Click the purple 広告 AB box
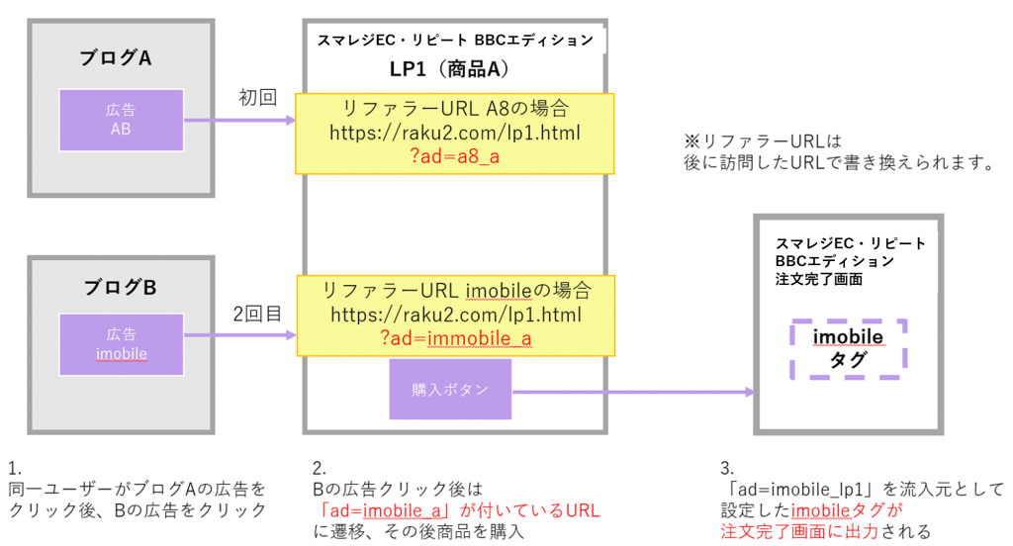point(121,120)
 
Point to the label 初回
point(257,98)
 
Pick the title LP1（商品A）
point(454,71)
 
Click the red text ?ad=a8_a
point(455,157)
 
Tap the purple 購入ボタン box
point(450,390)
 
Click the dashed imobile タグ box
point(848,349)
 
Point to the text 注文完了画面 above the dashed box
point(819,280)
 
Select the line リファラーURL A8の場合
point(455,108)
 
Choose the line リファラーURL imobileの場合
point(456,291)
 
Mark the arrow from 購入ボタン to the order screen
point(633,392)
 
